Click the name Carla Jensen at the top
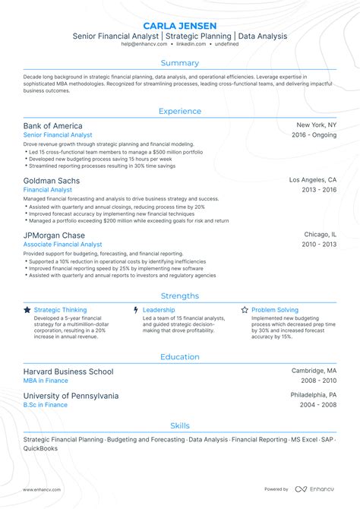(x=180, y=23)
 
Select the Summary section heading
(x=180, y=63)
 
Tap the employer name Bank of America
(x=53, y=125)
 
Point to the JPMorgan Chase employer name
(x=54, y=236)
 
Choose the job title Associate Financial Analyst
(x=62, y=245)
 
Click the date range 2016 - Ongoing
(x=314, y=134)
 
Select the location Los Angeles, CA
(x=312, y=180)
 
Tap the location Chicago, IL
(x=320, y=235)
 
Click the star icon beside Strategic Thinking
(x=27, y=310)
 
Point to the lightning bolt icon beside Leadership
(x=136, y=310)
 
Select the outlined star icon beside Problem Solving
(x=245, y=310)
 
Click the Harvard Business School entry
(x=68, y=371)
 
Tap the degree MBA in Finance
(x=46, y=381)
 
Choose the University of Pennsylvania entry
(x=71, y=396)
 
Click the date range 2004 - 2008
(x=318, y=405)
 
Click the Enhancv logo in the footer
(x=321, y=489)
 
